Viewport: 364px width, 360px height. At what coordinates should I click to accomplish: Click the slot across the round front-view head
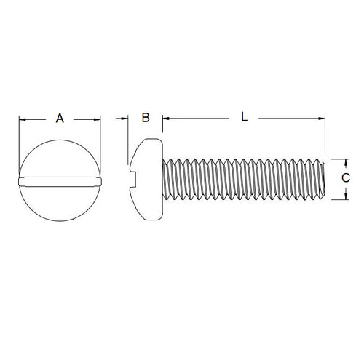[60, 178]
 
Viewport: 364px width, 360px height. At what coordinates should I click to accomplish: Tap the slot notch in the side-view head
[133, 178]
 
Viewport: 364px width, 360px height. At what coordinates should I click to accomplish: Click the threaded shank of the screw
[240, 178]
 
